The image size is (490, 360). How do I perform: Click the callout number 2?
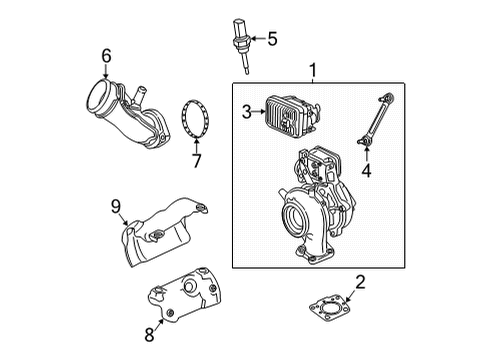pyautogui.click(x=360, y=283)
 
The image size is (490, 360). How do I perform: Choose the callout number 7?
pyautogui.click(x=195, y=161)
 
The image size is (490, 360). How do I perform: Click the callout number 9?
pyautogui.click(x=116, y=207)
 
